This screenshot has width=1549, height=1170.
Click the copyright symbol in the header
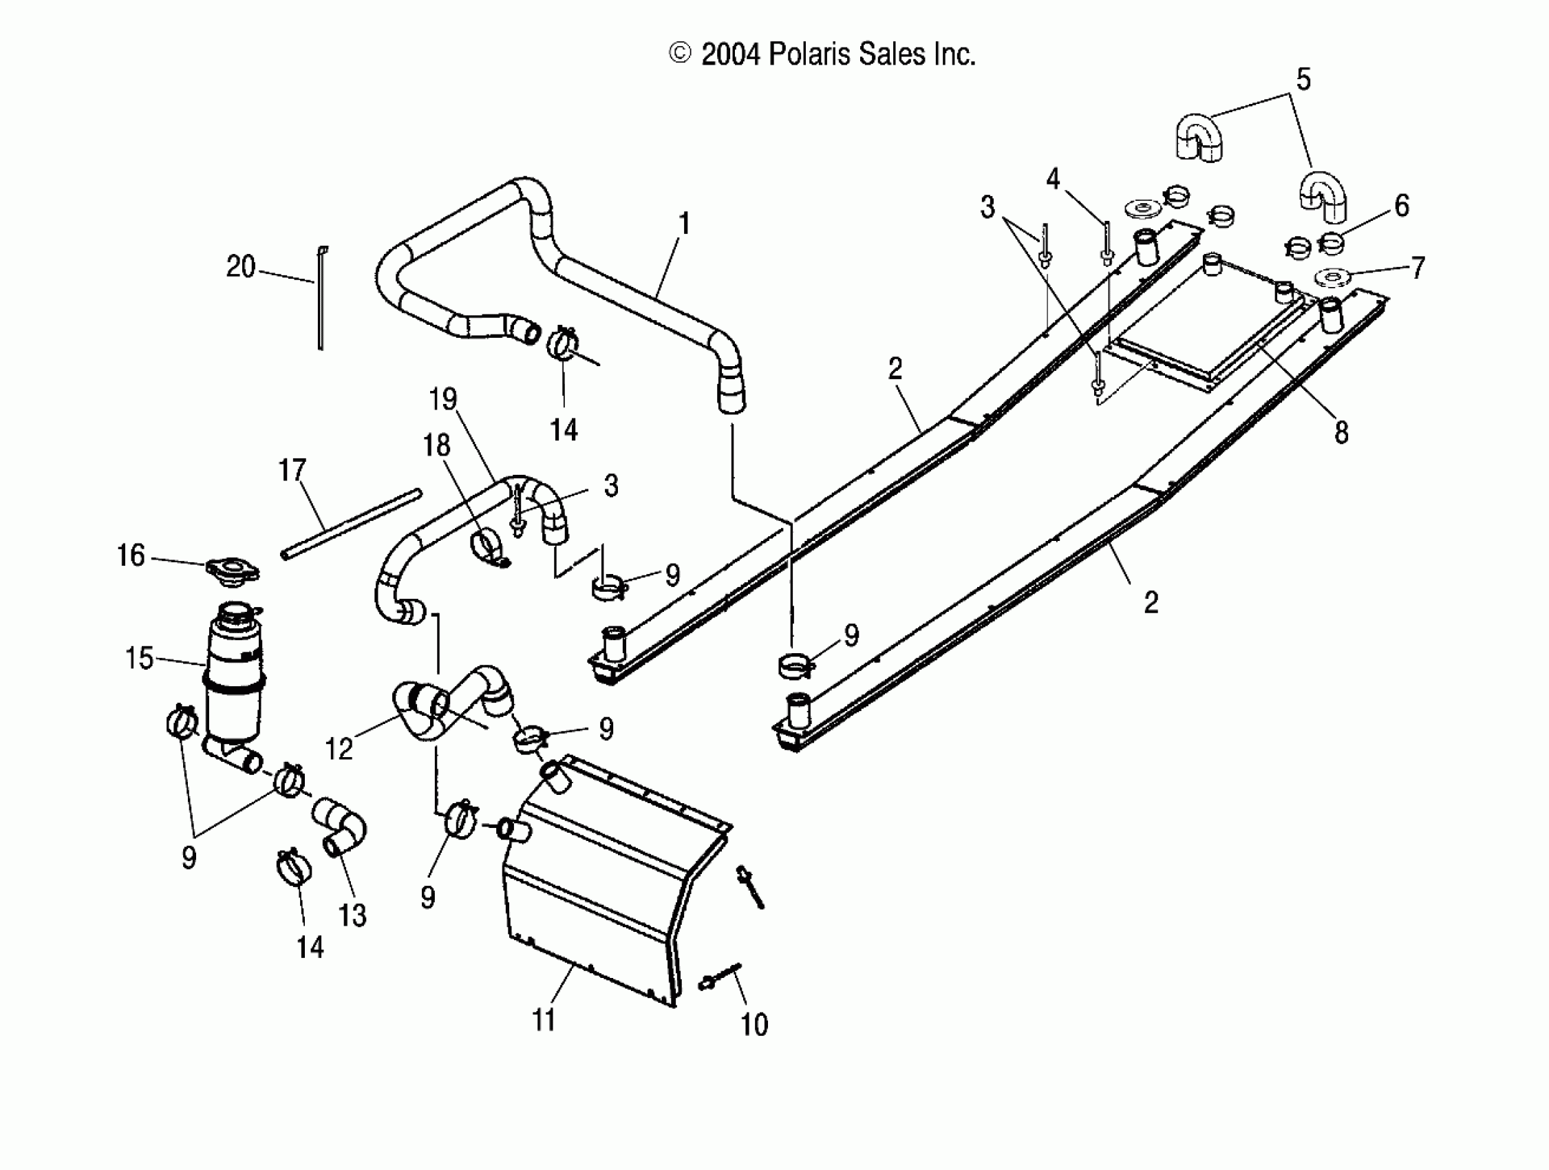[680, 54]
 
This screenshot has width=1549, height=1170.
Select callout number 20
[240, 267]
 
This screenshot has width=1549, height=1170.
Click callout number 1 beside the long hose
[684, 224]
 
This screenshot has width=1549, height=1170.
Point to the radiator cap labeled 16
[233, 571]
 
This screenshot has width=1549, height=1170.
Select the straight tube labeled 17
[352, 524]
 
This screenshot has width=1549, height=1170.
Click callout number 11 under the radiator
[544, 1020]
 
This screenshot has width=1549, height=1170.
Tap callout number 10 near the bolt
[754, 1024]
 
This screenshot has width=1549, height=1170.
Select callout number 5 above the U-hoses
[1303, 79]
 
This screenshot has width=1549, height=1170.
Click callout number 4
[1052, 179]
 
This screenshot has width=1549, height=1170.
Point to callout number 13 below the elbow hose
[352, 915]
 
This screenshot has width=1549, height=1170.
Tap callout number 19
[442, 399]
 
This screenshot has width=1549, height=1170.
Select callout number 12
[339, 749]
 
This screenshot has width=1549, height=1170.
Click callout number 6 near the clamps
[1401, 205]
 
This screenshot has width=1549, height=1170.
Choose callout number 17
[292, 470]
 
